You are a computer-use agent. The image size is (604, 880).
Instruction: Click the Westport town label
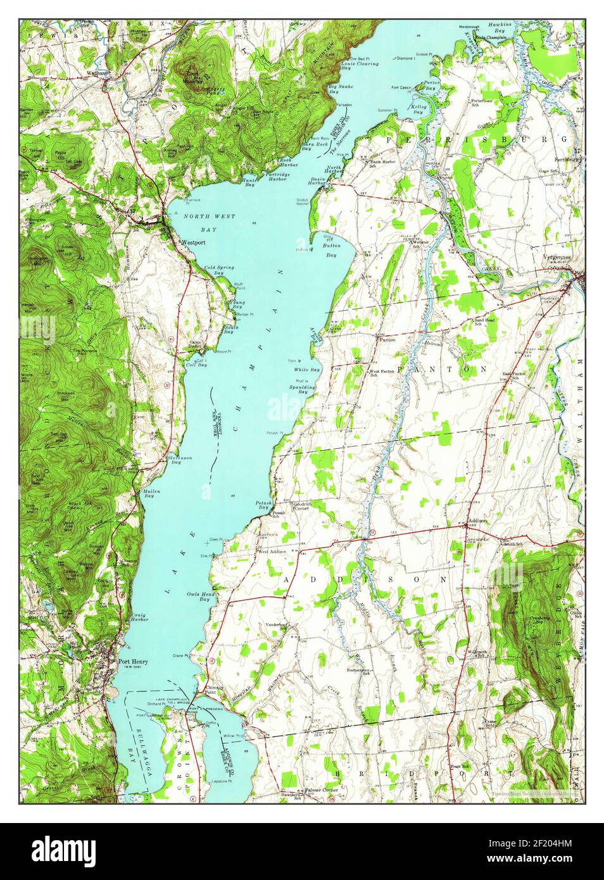tap(192, 242)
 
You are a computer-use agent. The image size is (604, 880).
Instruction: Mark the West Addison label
tap(272, 551)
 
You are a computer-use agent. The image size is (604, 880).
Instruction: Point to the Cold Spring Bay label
tap(219, 270)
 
